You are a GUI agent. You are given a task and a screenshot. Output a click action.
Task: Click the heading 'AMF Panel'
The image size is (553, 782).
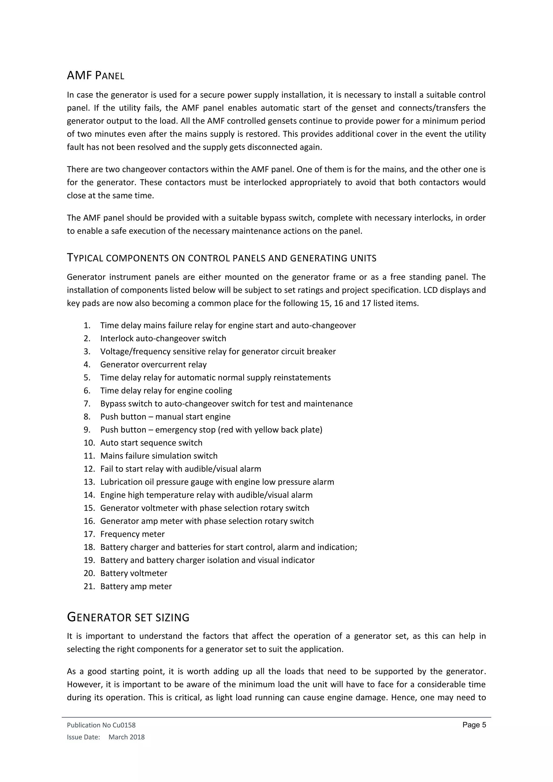96,75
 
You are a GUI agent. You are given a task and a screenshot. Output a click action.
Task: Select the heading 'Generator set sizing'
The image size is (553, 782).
128,617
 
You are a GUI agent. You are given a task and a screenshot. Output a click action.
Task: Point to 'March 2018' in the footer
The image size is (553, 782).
126,737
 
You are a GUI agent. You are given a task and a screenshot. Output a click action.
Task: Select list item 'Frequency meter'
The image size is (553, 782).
133,534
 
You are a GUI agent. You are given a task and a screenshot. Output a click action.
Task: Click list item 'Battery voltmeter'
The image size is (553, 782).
133,573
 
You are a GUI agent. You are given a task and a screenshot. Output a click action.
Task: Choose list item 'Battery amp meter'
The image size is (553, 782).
136,586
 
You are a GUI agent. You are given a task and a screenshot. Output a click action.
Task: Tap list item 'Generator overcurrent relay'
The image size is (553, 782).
153,365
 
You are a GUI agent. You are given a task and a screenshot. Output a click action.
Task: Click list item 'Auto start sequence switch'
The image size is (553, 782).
151,443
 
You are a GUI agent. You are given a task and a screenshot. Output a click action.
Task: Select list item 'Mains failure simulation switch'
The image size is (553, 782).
159,456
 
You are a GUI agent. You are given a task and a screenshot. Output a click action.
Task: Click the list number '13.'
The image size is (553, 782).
89,482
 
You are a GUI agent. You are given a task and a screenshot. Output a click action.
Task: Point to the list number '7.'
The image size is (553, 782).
87,404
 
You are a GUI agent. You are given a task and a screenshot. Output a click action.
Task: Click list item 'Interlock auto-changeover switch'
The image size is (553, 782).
163,339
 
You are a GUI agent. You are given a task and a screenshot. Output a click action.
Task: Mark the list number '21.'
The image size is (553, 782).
89,586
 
